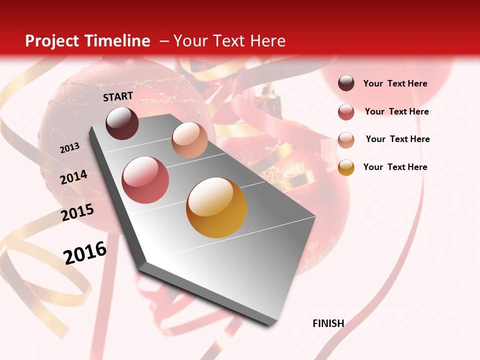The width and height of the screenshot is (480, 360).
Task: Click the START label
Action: point(118,96)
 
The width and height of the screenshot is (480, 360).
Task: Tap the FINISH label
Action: point(328,323)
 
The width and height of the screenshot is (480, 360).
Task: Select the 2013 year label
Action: point(70,148)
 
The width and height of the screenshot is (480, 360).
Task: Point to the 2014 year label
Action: point(74,177)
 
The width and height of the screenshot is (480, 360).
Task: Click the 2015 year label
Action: point(77,212)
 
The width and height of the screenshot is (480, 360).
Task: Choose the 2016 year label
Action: point(85,252)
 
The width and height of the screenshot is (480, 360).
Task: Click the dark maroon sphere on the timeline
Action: point(122,123)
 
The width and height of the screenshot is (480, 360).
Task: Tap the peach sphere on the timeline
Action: point(189,139)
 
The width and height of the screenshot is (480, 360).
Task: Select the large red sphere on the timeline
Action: point(145,180)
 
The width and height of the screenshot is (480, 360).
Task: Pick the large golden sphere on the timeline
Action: point(216,207)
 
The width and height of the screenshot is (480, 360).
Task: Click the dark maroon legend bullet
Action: point(346,83)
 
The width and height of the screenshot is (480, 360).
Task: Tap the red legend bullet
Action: point(346,112)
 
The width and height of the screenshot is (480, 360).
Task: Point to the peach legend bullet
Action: point(346,140)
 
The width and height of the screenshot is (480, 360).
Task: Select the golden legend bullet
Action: point(346,167)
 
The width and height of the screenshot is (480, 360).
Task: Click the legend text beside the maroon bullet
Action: point(395,84)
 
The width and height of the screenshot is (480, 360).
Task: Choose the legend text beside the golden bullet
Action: point(395,167)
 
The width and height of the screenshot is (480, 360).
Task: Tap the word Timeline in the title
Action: point(117,41)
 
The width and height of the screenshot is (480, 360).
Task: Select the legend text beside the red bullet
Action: point(397,111)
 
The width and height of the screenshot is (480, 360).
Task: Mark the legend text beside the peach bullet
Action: point(398,139)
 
